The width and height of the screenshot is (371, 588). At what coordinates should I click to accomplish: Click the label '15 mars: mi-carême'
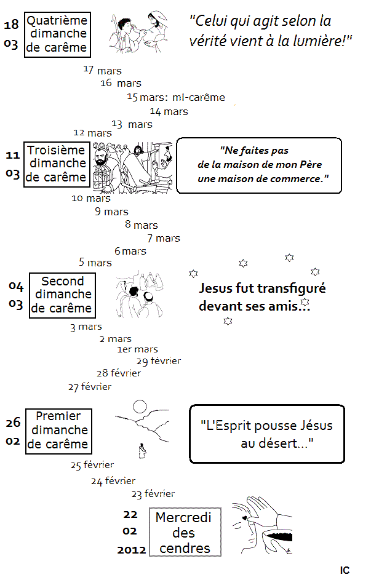(176, 97)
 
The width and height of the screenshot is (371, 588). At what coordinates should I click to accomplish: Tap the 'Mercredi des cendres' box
(185, 532)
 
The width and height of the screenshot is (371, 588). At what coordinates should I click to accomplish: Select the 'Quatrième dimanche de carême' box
(57, 34)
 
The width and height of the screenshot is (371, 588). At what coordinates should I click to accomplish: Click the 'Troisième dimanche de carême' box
(57, 164)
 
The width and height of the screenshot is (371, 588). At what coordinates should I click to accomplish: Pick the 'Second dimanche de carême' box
(62, 295)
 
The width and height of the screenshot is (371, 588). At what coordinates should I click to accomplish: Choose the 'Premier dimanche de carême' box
(58, 431)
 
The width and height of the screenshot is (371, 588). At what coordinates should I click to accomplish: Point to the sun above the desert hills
(140, 407)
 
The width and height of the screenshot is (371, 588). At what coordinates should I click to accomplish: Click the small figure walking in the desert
(142, 450)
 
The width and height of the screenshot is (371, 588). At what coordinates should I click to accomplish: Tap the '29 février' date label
(159, 361)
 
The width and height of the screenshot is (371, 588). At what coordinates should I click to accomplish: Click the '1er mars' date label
(138, 349)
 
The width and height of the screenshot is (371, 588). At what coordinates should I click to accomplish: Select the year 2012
(131, 550)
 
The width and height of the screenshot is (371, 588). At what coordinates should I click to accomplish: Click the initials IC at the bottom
(345, 570)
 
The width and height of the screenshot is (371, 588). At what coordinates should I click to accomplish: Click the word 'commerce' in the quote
(297, 179)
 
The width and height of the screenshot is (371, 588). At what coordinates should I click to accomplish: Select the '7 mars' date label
(164, 238)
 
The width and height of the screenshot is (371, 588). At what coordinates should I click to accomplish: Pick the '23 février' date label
(153, 494)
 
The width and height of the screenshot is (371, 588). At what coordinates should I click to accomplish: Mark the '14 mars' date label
(169, 111)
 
